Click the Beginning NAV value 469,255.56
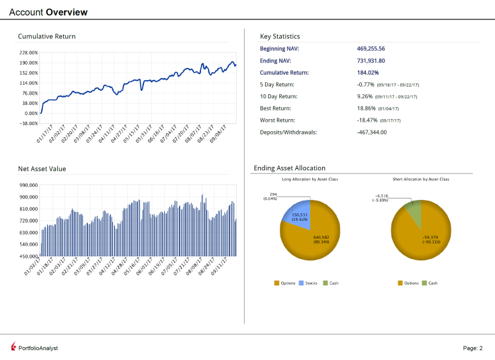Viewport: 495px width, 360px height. tap(371, 48)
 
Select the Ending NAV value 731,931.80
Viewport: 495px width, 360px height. tap(371, 61)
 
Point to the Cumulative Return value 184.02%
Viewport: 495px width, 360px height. tap(368, 73)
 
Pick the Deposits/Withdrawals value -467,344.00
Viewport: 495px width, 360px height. tap(372, 132)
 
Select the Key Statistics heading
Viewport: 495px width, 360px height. tap(280, 36)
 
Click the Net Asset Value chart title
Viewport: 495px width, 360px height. tap(42, 168)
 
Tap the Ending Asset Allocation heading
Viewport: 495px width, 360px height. tap(289, 168)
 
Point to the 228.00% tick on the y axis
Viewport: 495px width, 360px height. tap(28, 52)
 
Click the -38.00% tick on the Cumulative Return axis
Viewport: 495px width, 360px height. tap(28, 123)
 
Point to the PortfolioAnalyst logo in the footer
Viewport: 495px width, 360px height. tap(35, 347)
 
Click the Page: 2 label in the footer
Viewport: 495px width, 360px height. tap(473, 348)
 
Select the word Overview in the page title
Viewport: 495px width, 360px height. tap(67, 12)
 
